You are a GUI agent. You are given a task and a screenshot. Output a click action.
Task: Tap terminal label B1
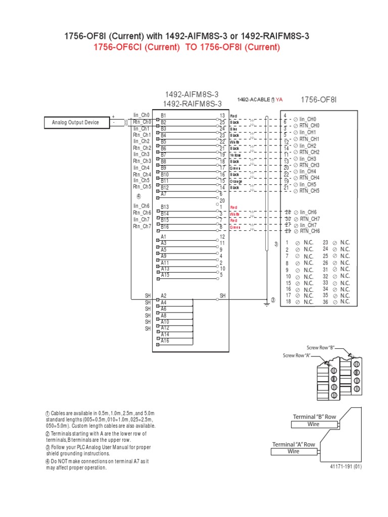163,116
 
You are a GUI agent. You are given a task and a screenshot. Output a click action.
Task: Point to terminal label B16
165,227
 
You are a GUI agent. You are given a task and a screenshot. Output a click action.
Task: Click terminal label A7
163,194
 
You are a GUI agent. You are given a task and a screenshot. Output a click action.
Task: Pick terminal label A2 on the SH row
163,296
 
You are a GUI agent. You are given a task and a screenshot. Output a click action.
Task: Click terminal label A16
165,341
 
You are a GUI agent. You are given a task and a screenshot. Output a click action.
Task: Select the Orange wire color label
236,181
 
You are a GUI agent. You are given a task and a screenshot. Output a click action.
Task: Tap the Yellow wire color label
235,155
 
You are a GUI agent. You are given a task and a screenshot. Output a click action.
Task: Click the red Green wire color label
235,227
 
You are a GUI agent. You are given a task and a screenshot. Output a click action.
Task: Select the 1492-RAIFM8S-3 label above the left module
192,104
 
